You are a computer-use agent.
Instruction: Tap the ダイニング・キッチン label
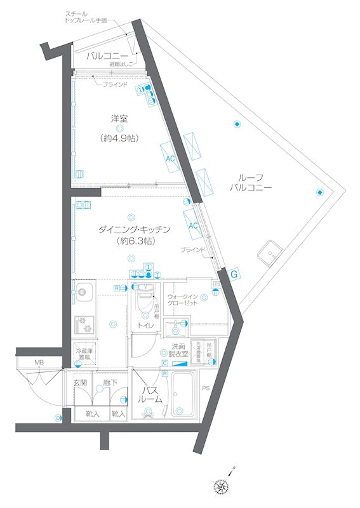pyautogui.click(x=135, y=229)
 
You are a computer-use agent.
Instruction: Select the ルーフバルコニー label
pyautogui.click(x=251, y=183)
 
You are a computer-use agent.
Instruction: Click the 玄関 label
pyautogui.click(x=80, y=382)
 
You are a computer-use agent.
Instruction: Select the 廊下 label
pyautogui.click(x=110, y=382)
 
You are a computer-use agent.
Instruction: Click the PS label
pyautogui.click(x=205, y=387)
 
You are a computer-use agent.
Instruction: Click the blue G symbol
pyautogui.click(x=234, y=274)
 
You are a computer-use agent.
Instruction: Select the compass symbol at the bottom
pyautogui.click(x=223, y=486)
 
